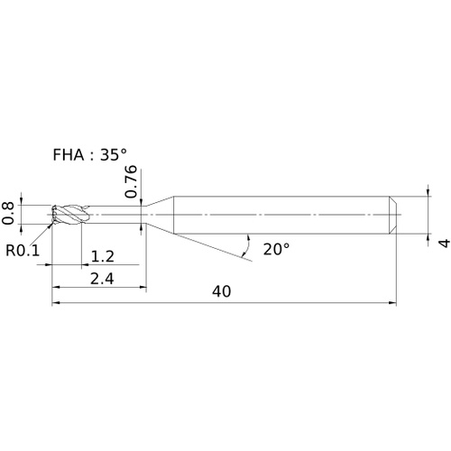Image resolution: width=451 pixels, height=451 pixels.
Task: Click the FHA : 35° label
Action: click(89, 155)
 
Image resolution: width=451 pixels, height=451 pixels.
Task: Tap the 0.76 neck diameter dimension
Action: click(131, 181)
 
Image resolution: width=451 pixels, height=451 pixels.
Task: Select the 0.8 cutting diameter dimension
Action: click(8, 214)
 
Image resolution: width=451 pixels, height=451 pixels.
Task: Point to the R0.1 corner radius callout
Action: click(23, 250)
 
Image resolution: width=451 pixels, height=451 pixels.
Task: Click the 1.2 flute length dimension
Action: click(102, 256)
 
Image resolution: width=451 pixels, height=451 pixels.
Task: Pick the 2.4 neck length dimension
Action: click(102, 279)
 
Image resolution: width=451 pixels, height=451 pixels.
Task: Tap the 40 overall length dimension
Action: click(222, 291)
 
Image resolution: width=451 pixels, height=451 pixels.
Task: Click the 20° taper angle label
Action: click(276, 249)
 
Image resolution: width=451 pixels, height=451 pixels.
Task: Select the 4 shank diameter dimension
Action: click(445, 243)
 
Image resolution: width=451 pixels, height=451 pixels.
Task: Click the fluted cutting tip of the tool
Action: click(69, 215)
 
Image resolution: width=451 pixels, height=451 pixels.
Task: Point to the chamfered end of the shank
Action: click(393, 215)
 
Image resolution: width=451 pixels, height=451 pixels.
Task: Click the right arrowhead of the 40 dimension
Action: click(392, 303)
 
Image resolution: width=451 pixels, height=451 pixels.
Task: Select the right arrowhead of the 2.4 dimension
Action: click(143, 287)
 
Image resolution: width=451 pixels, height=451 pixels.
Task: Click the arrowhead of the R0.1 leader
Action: click(50, 226)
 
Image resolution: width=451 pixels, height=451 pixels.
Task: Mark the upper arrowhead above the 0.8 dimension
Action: click(21, 201)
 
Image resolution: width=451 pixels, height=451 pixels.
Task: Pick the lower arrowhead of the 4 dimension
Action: click(428, 238)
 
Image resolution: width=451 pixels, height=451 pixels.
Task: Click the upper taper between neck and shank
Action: click(160, 201)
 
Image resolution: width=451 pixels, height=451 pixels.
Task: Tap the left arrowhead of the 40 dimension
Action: click(56, 303)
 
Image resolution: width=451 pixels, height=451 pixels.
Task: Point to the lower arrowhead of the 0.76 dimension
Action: click(142, 227)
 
